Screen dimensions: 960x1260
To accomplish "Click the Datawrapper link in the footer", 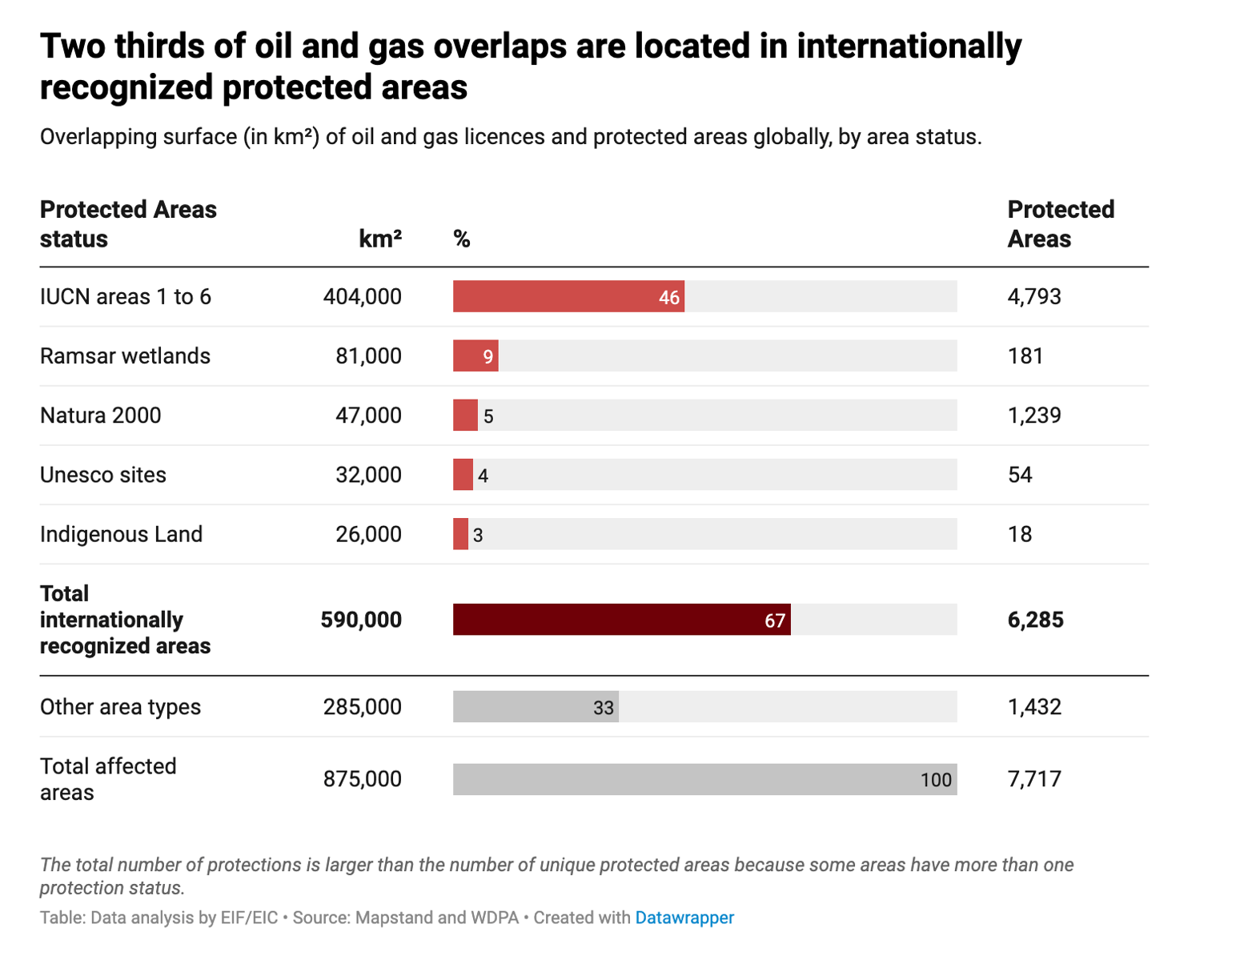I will [x=684, y=918].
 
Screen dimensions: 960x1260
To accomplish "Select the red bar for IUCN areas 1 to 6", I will [x=568, y=296].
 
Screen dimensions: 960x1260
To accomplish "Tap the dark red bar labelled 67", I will [x=620, y=620].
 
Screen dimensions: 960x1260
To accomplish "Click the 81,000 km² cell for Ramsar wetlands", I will [x=368, y=355].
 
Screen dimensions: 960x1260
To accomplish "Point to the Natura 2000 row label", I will [x=101, y=416].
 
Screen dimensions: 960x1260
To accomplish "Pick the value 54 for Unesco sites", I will [x=1020, y=475].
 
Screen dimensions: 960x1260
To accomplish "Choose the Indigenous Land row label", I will [x=121, y=534].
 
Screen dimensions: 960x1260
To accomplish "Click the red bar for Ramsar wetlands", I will [x=475, y=355].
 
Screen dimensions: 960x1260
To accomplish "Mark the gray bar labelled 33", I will [x=535, y=707].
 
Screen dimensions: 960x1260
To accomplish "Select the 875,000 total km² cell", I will [x=362, y=779].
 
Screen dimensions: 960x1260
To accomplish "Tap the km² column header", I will [x=379, y=239].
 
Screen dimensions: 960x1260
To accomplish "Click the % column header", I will [x=462, y=239].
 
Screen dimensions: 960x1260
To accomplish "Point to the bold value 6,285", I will [x=1035, y=620].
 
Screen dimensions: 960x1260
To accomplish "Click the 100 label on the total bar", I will [x=935, y=780].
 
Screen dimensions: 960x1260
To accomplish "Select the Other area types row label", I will [x=120, y=707].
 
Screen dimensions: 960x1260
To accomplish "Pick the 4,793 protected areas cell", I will [x=1034, y=296].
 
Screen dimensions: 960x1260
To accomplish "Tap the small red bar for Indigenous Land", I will [x=460, y=534].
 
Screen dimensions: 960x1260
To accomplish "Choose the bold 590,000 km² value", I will [x=361, y=620].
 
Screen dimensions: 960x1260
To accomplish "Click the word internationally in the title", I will [x=909, y=46].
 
